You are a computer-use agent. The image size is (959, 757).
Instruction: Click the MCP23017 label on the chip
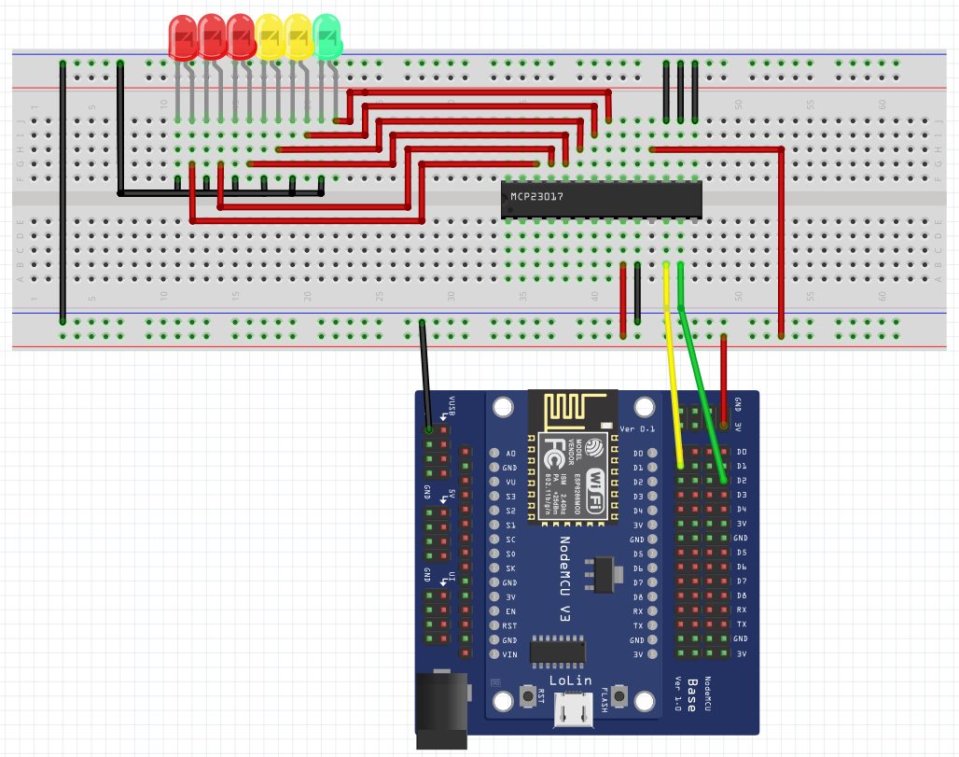pos(536,197)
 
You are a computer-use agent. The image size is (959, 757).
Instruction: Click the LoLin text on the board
pos(571,681)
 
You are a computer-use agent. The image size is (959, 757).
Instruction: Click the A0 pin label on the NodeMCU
pos(510,453)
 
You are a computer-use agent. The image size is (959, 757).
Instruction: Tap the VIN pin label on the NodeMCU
pos(509,654)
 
